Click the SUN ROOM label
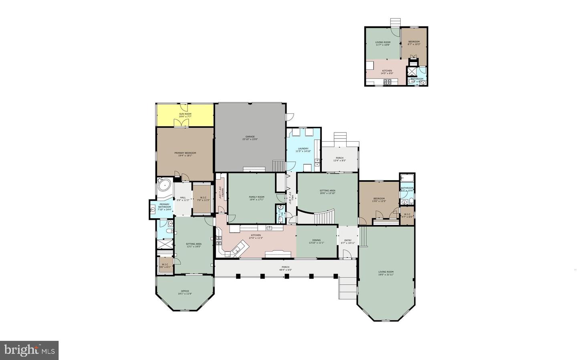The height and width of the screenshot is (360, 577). (185, 114)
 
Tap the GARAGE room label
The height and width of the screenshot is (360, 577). (250, 137)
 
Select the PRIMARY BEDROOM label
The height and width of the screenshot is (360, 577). (185, 153)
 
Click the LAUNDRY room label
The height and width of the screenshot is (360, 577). (303, 149)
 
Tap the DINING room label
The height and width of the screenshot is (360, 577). (316, 240)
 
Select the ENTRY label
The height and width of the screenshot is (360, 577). (348, 241)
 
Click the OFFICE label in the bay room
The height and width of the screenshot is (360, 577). (185, 291)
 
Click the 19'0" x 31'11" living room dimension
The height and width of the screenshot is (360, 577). (386, 275)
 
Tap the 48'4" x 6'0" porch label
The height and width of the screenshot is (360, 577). (285, 270)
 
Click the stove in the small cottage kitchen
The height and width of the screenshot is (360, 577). (387, 82)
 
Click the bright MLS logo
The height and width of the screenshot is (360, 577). (29, 350)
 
